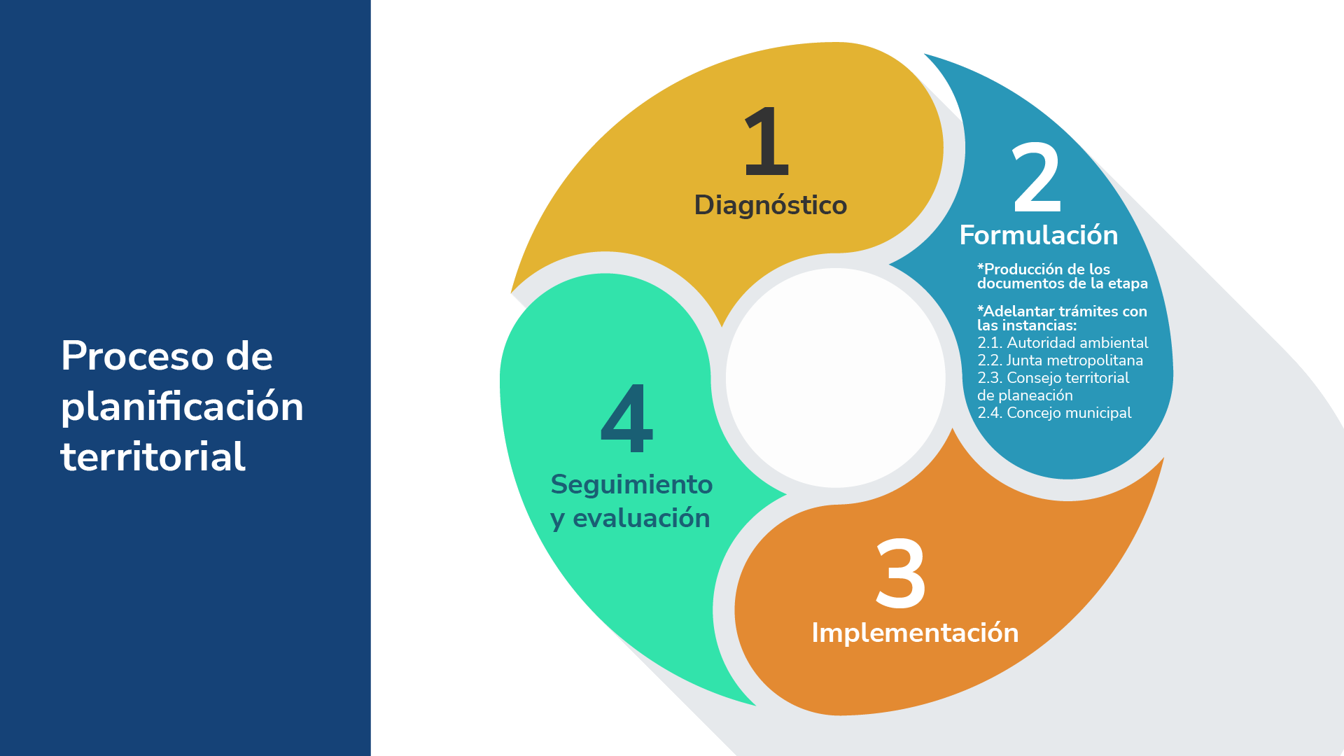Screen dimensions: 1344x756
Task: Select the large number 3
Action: (901, 573)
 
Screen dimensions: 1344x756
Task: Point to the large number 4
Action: (627, 418)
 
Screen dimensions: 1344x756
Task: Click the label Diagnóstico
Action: (771, 206)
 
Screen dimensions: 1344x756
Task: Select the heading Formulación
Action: (1039, 235)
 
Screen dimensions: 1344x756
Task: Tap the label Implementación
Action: (915, 633)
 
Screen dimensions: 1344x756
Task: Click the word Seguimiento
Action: (631, 484)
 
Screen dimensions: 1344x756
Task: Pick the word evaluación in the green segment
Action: (641, 518)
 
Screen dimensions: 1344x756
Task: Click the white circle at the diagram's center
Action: (836, 378)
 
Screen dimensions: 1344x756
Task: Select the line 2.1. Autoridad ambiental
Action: (1063, 343)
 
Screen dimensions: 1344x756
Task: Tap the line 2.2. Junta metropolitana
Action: (1060, 360)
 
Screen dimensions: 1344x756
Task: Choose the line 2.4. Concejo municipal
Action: (1054, 413)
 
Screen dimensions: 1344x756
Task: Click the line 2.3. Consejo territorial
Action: (1053, 378)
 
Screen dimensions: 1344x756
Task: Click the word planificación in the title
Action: (182, 407)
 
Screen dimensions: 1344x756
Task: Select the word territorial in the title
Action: (153, 457)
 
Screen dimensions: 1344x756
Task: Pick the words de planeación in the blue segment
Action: (1025, 395)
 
